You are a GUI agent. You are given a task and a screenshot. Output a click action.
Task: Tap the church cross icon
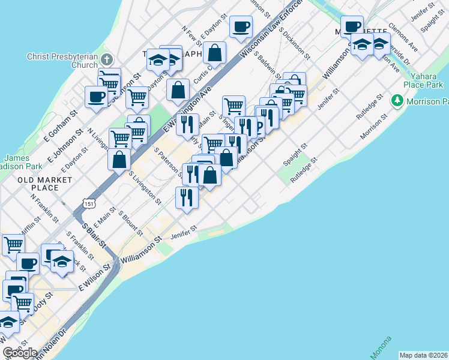(107, 60)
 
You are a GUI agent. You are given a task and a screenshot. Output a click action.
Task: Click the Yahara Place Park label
(427, 80)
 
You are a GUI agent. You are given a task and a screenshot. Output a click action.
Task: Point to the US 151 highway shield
(89, 204)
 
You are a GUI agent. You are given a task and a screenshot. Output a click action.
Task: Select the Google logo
(20, 353)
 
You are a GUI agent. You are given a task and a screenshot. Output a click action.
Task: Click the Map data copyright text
(423, 355)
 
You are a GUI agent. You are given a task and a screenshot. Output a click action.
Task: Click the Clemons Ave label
(403, 37)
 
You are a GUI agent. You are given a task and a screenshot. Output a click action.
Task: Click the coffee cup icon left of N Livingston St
(97, 96)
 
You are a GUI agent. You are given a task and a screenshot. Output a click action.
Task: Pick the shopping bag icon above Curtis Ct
(214, 52)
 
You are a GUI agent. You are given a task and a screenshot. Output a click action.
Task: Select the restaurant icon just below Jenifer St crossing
(187, 196)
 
